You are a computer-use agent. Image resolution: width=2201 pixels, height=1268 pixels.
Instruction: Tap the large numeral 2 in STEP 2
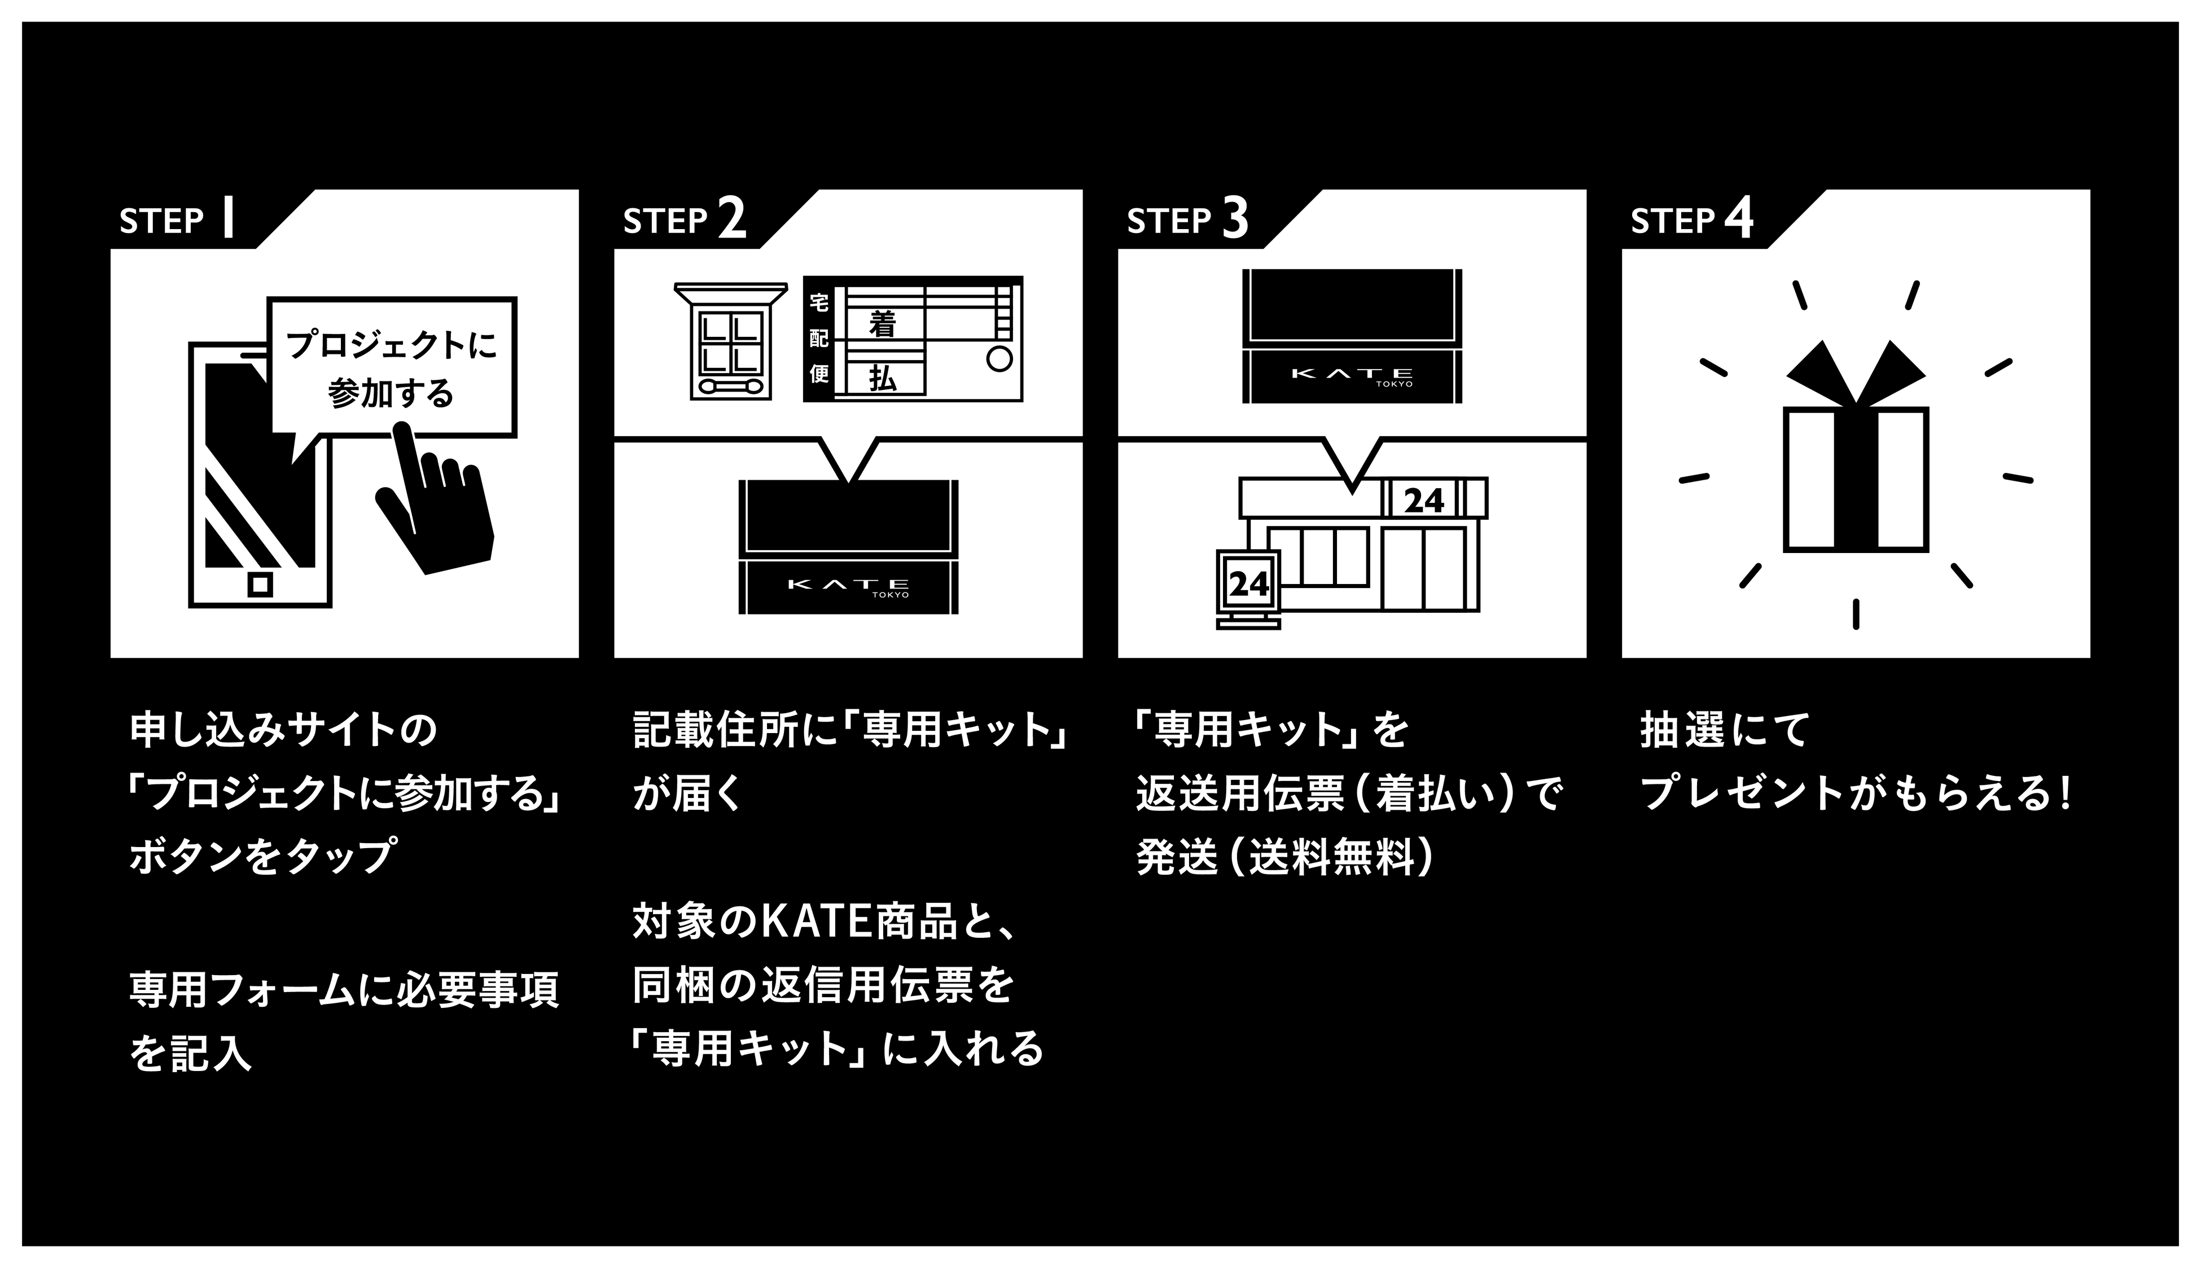pos(731,218)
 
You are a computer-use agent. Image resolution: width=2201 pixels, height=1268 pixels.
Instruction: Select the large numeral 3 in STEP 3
pos(1235,218)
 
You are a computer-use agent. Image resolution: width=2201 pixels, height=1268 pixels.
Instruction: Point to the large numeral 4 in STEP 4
pos(1738,218)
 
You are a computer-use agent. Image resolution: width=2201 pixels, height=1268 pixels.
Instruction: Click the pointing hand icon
pos(436,505)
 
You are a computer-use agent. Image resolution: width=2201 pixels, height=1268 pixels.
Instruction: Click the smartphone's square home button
pos(260,583)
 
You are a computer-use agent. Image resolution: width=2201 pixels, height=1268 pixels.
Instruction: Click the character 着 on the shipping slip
pos(882,325)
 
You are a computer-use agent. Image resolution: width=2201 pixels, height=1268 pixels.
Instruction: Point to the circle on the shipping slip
pos(998,358)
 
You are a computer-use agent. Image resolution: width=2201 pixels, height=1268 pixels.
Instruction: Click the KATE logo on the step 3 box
pos(1352,375)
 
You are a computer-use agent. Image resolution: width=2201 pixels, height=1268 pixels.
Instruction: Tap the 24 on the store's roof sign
pos(1424,501)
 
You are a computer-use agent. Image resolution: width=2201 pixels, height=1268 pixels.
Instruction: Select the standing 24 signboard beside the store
pos(1249,585)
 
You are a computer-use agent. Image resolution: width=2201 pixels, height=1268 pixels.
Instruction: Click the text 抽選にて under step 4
pos(1725,730)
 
